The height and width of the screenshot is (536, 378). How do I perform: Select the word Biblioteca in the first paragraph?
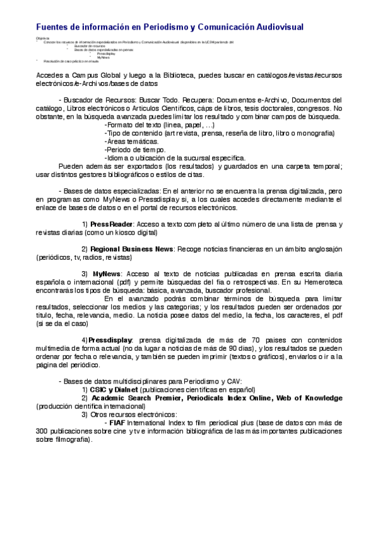coord(172,75)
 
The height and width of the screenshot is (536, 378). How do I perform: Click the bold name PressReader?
coord(112,224)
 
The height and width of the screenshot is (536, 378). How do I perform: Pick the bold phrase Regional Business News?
coord(132,249)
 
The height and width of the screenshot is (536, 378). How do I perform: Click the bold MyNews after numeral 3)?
coord(106,274)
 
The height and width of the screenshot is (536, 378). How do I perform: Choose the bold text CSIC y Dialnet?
coord(114,390)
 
